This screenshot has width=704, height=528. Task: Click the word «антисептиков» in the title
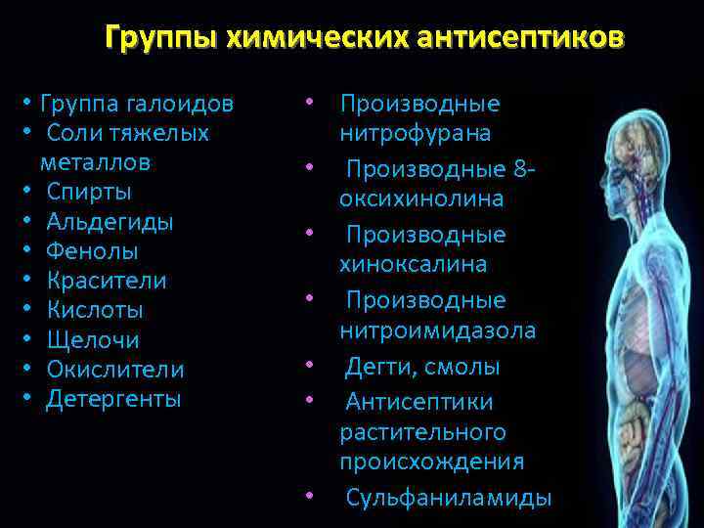point(518,38)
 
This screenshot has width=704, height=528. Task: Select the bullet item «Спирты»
point(89,192)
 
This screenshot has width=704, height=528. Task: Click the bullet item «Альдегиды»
point(110,221)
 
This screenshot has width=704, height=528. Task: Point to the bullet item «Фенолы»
point(93,251)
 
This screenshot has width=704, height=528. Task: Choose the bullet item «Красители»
point(107,281)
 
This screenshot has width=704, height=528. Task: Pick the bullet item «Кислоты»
point(95,311)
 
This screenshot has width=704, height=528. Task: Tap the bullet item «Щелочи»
point(93,340)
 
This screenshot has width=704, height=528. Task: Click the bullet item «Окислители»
point(115,370)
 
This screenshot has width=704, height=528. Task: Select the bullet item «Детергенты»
point(113,399)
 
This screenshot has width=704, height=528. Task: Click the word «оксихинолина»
point(422,199)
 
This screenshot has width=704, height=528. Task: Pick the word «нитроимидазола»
point(437,330)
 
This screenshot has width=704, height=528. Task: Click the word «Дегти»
point(379,368)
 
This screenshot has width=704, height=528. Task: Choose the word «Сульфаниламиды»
point(449,498)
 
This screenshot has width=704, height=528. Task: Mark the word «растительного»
point(422,431)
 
